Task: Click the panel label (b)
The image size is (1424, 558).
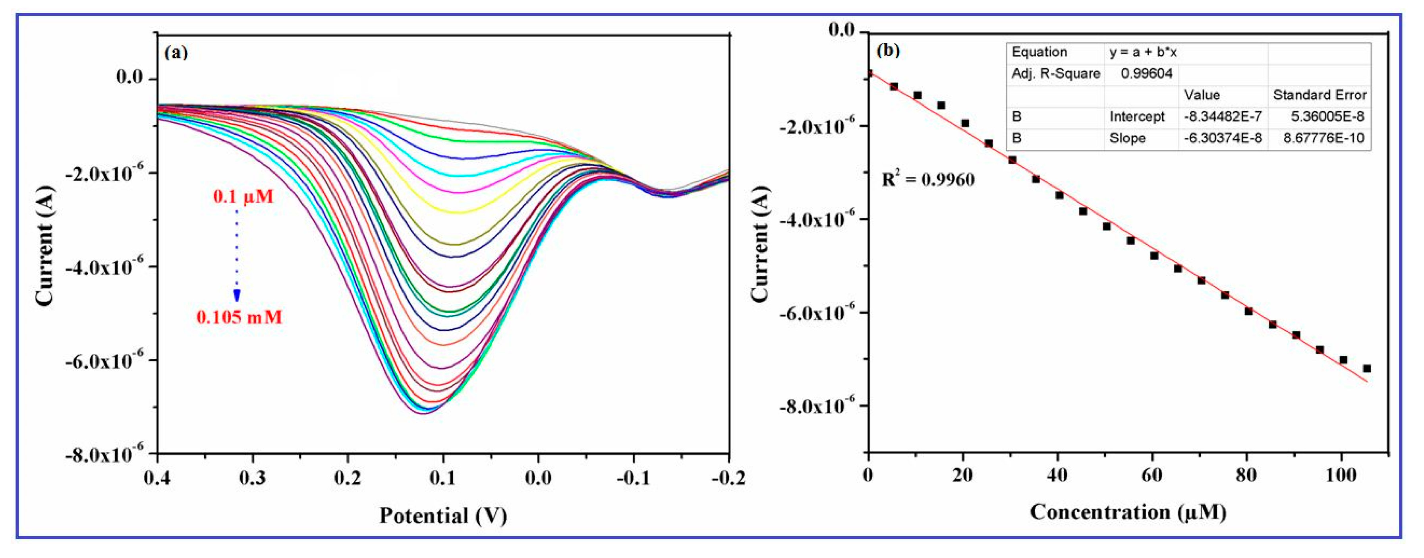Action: coord(888,50)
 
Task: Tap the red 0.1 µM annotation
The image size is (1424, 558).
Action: coord(243,196)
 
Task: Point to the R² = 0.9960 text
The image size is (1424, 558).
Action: coord(927,179)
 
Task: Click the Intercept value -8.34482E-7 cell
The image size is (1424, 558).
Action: coord(1222,117)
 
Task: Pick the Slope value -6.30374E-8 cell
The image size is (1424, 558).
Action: coord(1222,138)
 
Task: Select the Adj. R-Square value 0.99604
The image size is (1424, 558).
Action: coord(1146,74)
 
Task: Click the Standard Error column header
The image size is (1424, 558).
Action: coord(1319,95)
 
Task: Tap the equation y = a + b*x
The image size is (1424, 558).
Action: coord(1143,52)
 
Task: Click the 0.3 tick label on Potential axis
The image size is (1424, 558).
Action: coord(253,478)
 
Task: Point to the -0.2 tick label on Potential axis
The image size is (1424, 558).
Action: coord(727,478)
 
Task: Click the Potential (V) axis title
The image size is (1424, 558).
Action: coord(443,515)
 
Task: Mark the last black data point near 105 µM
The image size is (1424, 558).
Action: coord(1366,368)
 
